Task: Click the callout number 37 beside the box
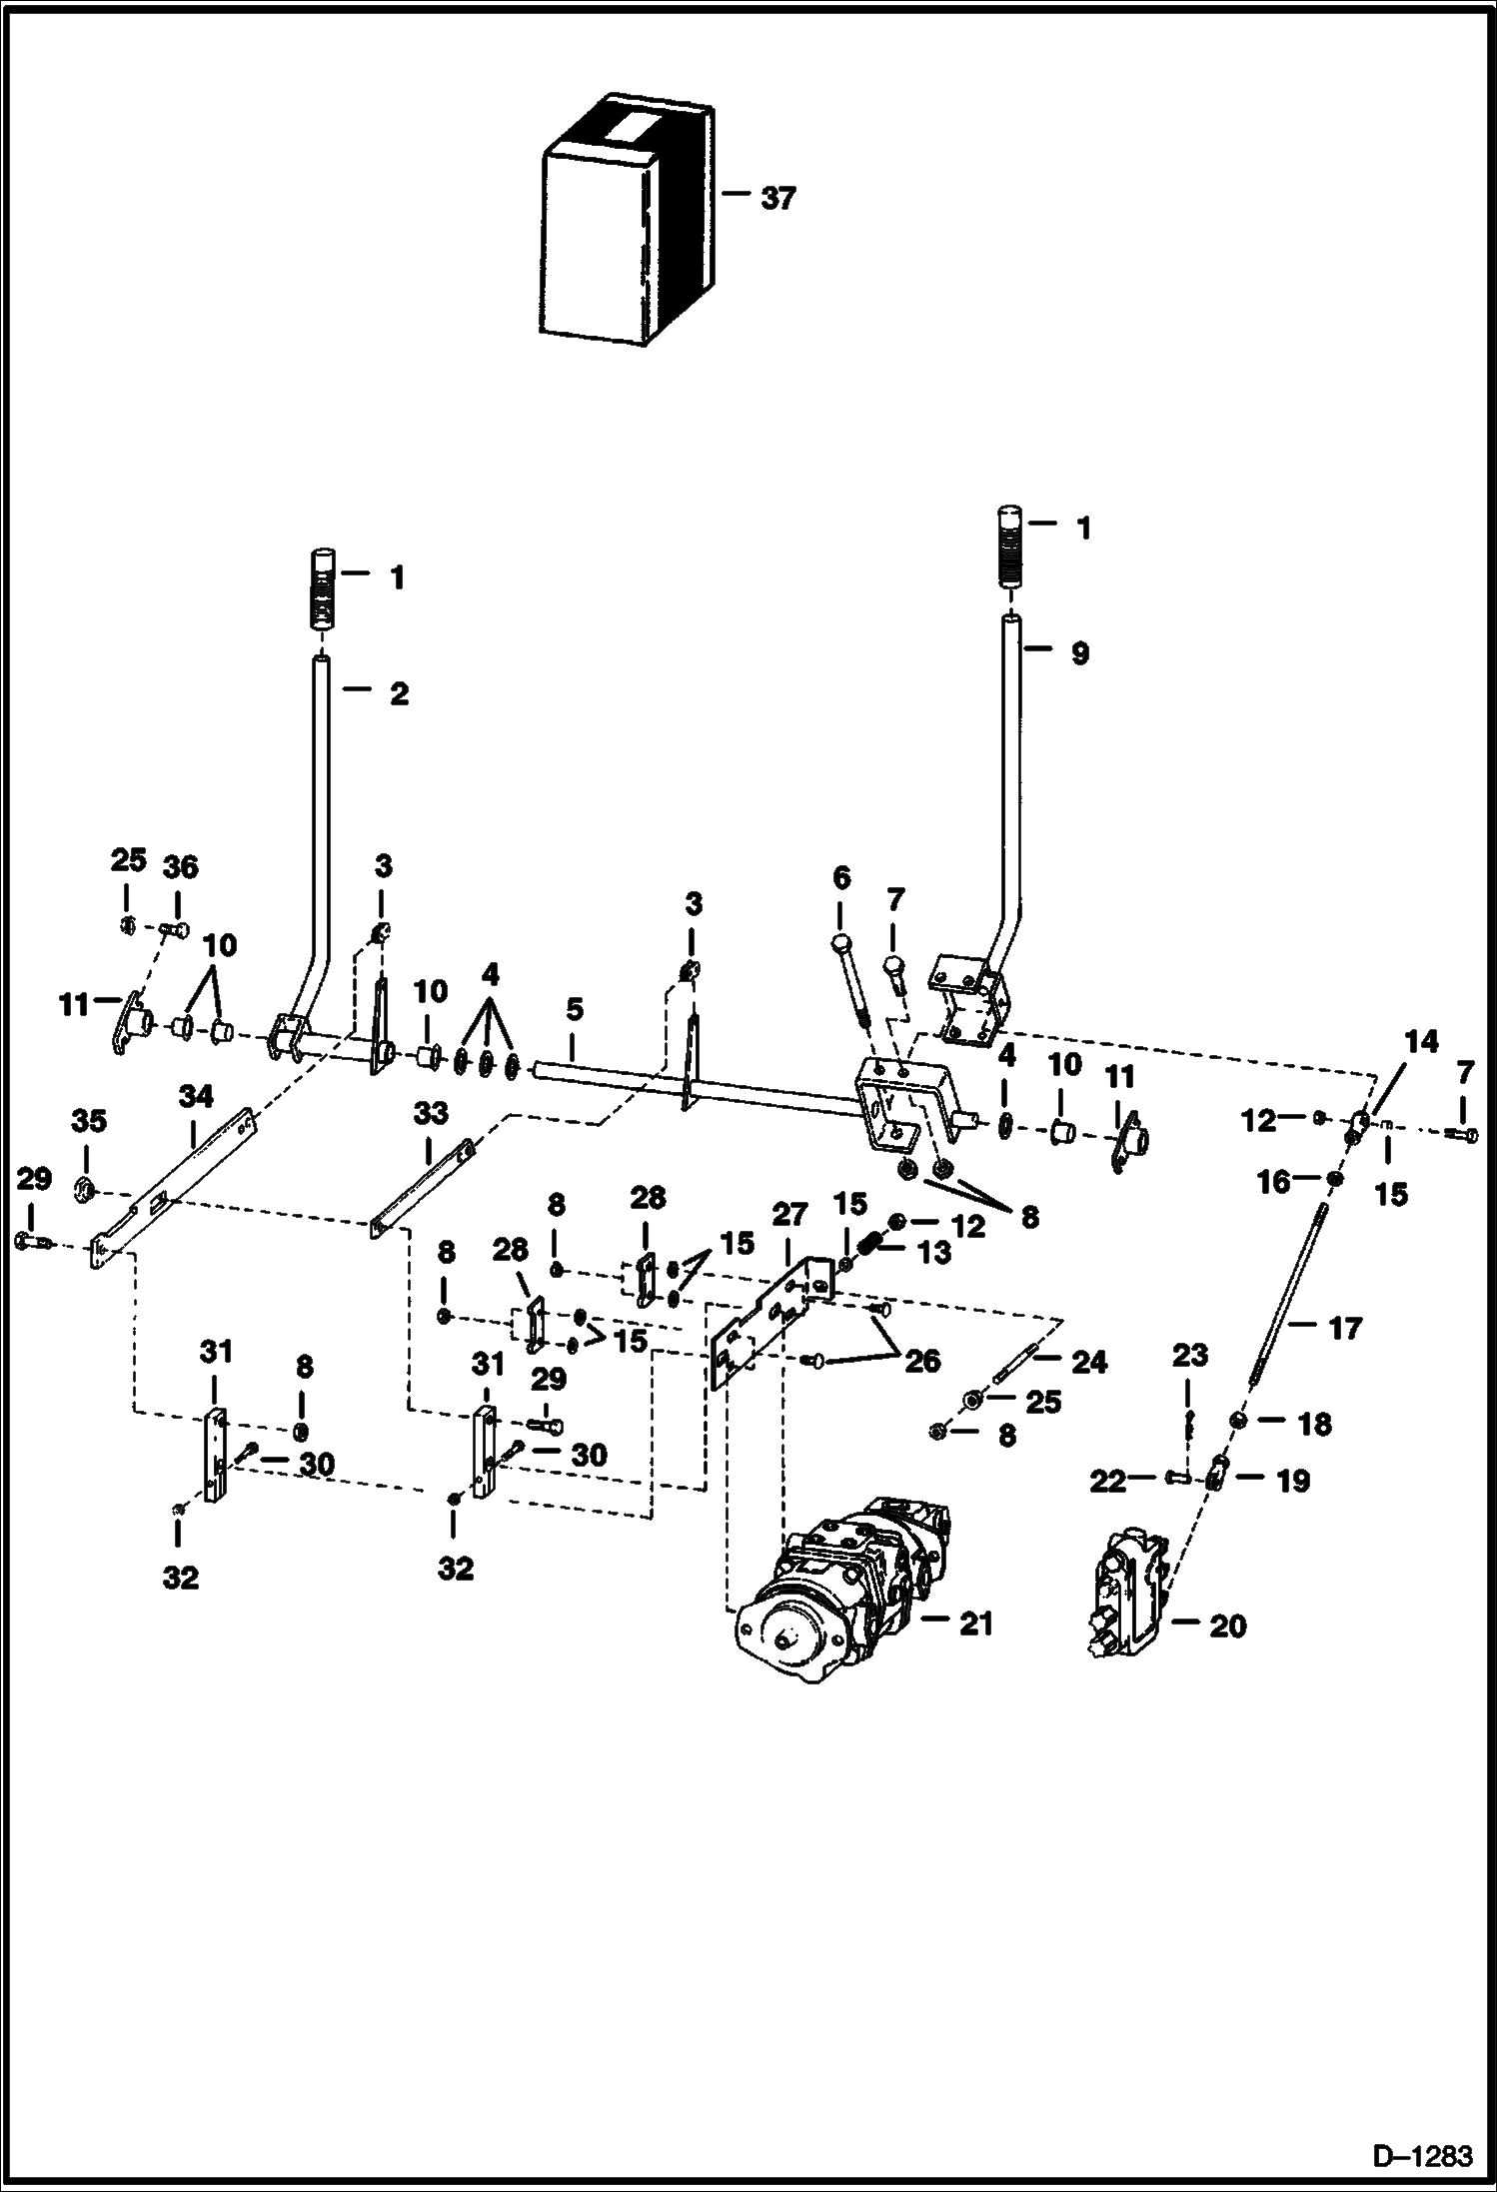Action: coord(777,199)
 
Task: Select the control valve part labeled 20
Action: coord(1124,1600)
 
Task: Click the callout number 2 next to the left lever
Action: coord(399,693)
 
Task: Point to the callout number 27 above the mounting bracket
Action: coord(789,1215)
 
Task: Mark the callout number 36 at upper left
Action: coord(180,867)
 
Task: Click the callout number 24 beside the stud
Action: coord(1088,1362)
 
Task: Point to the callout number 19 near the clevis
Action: coord(1292,1481)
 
